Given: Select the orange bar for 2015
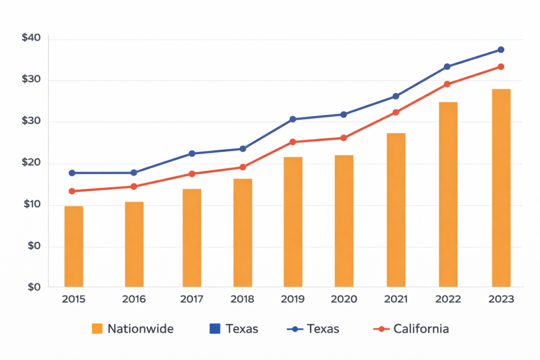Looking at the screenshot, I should click(x=74, y=246).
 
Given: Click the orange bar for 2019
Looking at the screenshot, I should click(x=293, y=221).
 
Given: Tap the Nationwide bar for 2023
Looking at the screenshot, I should click(x=501, y=188).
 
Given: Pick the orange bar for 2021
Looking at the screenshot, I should click(x=396, y=210).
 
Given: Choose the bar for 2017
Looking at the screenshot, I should click(x=192, y=238).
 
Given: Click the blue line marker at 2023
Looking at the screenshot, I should click(x=501, y=50).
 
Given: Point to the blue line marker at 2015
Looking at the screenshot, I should click(x=72, y=173).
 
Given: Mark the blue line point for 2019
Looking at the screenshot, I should click(x=293, y=119).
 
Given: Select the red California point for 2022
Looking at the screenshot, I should click(x=447, y=84).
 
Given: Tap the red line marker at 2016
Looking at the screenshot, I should click(x=133, y=187).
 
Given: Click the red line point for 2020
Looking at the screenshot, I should click(x=343, y=138).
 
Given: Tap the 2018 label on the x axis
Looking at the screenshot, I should click(x=242, y=299).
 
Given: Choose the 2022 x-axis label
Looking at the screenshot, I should click(x=448, y=299).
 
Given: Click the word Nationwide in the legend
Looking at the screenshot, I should click(x=140, y=329).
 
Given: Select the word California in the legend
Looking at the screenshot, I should click(x=421, y=329).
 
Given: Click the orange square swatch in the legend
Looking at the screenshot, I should click(x=97, y=329).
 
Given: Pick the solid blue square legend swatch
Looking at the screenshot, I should click(x=215, y=329).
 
